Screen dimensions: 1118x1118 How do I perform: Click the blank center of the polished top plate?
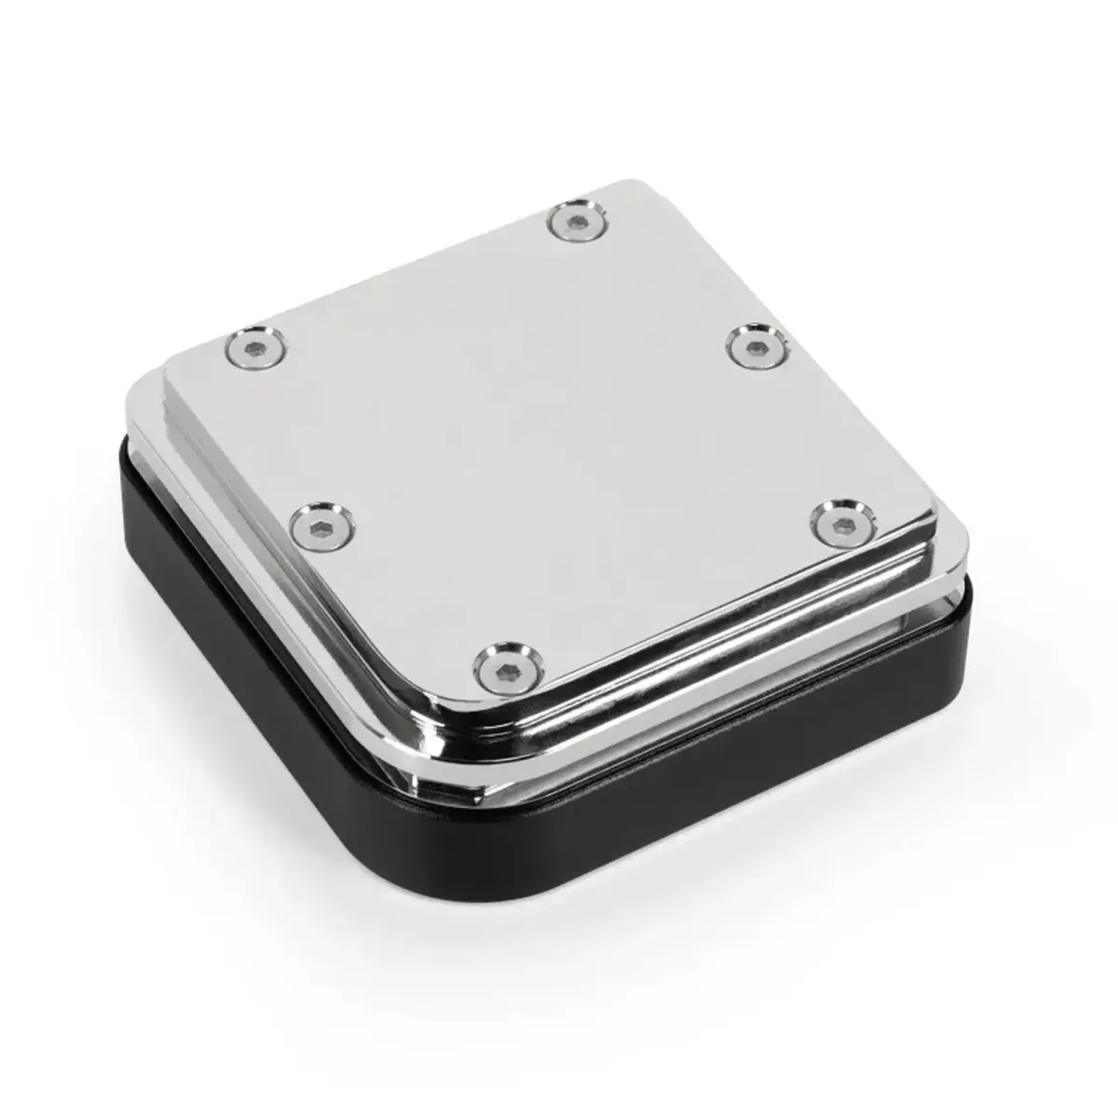[x=550, y=438]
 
